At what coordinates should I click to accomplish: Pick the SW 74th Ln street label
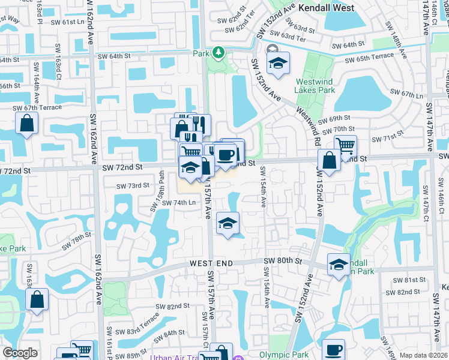(x=179, y=203)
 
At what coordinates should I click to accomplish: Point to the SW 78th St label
(x=77, y=241)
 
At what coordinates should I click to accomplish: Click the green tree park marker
(x=218, y=53)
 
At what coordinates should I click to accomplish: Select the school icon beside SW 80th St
(x=339, y=263)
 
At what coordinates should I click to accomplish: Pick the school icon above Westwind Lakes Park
(x=279, y=63)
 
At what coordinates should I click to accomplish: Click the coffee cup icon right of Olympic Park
(x=333, y=350)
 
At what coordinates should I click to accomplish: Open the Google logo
(x=20, y=353)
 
